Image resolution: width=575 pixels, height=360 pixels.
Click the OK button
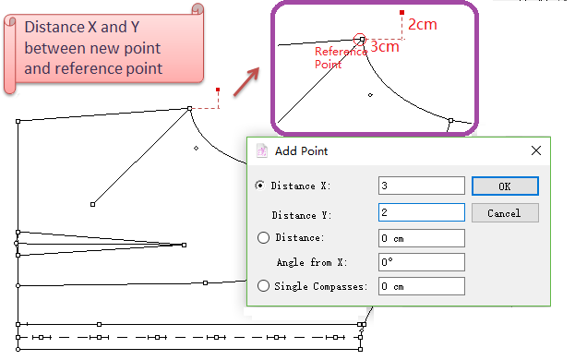click(505, 186)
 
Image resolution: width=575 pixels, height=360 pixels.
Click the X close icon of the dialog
click(535, 150)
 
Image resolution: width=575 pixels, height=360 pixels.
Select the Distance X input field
click(422, 186)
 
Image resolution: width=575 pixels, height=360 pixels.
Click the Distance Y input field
click(422, 212)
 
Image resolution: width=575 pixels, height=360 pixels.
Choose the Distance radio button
click(263, 237)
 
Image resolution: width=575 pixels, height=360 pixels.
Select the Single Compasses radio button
click(263, 285)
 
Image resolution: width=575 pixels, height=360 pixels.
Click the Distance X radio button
click(259, 186)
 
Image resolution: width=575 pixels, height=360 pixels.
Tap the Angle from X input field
click(422, 262)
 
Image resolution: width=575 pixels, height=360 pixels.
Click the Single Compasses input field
click(422, 286)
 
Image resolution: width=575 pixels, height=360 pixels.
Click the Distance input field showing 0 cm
click(422, 238)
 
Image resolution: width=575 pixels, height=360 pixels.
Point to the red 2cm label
click(423, 25)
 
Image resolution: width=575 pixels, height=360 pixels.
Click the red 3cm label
click(385, 46)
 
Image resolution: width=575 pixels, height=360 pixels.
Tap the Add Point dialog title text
click(302, 151)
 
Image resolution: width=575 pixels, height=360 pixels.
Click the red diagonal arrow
click(246, 82)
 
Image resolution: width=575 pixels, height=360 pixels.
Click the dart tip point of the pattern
click(184, 245)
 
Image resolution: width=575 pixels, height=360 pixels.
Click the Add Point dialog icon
click(262, 150)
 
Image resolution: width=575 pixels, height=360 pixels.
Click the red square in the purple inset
click(401, 13)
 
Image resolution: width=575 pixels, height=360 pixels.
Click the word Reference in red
click(341, 52)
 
